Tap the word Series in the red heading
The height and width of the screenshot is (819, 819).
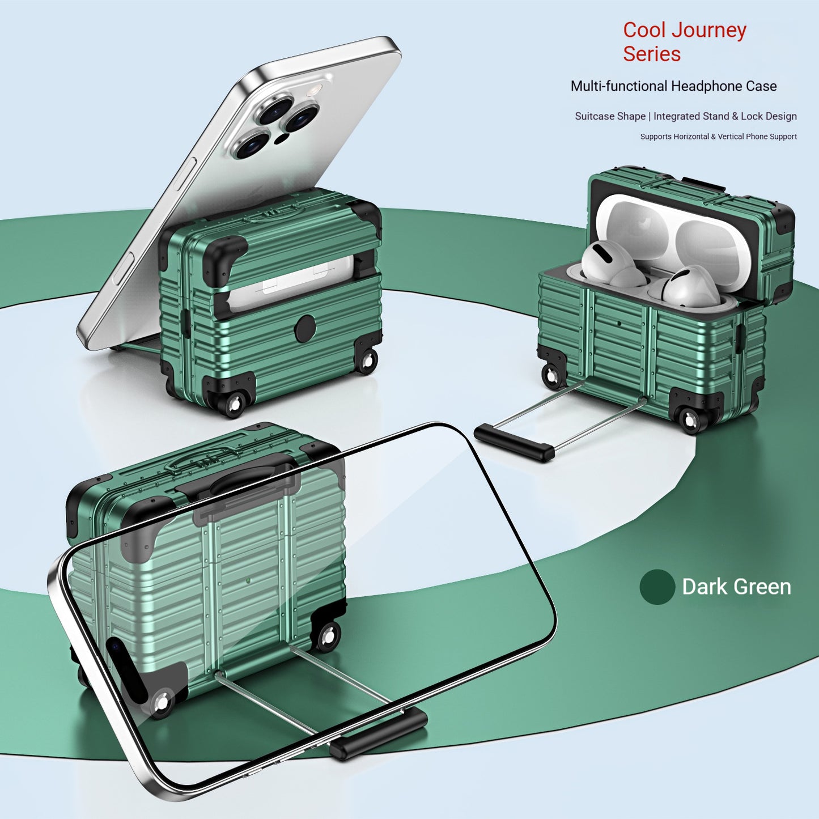[652, 54]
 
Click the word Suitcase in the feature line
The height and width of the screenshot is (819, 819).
[594, 116]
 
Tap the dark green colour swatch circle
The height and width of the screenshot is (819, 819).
[657, 587]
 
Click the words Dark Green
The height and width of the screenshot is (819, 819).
[737, 587]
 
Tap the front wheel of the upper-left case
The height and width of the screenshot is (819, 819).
[233, 404]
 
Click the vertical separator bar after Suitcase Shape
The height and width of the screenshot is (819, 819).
[650, 116]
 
